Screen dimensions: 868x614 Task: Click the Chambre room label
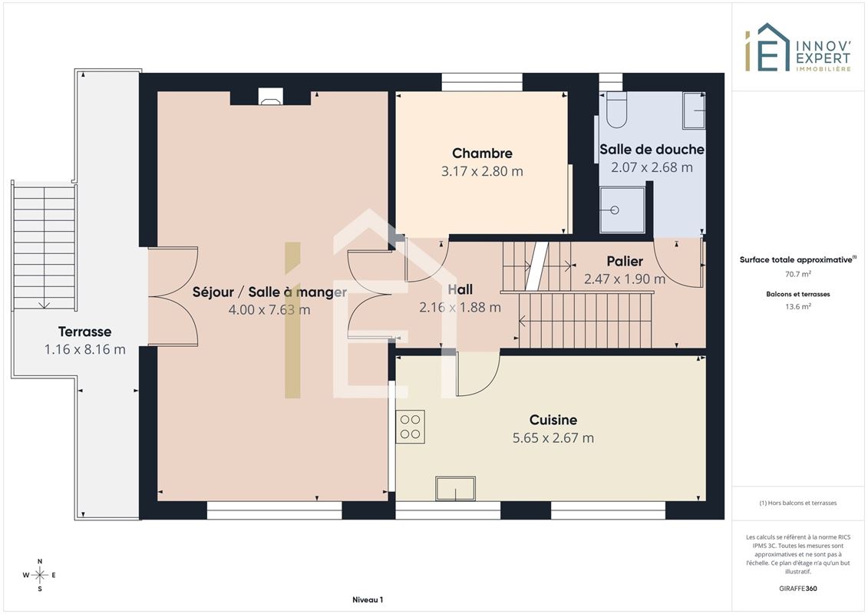coord(482,153)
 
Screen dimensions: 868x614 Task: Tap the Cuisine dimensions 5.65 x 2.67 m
coord(553,438)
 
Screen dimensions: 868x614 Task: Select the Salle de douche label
coord(652,149)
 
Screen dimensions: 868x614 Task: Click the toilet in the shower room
coord(616,110)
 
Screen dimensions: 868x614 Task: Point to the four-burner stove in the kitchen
coord(410,426)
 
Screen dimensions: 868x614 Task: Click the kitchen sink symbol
coord(455,488)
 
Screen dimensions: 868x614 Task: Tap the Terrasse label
coord(84,332)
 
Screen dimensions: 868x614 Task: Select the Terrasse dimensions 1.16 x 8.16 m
coord(84,349)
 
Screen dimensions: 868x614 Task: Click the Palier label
coord(625,261)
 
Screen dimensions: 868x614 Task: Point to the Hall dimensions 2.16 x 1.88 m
coord(460,307)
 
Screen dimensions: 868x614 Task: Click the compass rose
coord(39,575)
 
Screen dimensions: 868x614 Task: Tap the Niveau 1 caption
coord(368,599)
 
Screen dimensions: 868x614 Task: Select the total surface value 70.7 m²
coord(797,274)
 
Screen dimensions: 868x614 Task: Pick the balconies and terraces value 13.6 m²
coord(797,307)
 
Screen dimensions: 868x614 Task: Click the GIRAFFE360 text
coord(797,589)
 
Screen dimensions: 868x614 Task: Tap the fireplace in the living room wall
coord(271,97)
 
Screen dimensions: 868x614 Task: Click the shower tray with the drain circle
coord(622,210)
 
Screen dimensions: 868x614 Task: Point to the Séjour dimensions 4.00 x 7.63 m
coord(269,309)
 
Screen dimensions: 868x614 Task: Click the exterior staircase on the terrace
coord(45,247)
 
